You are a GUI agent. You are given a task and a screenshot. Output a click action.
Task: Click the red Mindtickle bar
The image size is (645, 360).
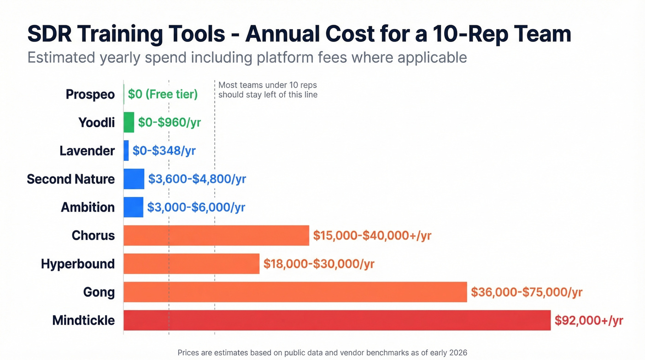point(337,320)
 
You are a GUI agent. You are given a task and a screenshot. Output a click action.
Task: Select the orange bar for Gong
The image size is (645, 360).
point(295,292)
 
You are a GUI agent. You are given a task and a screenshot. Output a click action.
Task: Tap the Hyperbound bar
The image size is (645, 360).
point(191,264)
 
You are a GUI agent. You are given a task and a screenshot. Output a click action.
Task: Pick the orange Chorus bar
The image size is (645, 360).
point(216,236)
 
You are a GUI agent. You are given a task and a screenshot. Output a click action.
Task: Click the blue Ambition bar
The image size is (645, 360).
point(133,207)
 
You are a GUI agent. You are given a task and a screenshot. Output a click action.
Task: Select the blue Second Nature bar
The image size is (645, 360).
point(134,179)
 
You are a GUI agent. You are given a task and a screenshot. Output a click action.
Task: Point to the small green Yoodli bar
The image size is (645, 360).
point(129,123)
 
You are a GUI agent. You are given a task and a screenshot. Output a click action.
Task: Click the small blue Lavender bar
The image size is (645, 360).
point(126,151)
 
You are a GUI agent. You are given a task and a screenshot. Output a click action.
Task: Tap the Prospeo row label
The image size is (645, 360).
point(90,94)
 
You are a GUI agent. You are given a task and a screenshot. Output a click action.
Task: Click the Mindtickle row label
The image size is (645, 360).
point(83,320)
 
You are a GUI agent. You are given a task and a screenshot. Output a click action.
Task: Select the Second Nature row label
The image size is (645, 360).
point(70,179)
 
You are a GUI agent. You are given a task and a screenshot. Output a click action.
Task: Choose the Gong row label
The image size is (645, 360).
point(99,292)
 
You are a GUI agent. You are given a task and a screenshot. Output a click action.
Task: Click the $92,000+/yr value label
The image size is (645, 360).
point(588,320)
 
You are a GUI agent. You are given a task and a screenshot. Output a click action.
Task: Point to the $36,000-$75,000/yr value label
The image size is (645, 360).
point(527,292)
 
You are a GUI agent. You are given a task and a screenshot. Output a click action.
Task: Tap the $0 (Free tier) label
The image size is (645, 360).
point(163,94)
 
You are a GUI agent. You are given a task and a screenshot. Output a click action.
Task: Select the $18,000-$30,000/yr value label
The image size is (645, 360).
point(319,264)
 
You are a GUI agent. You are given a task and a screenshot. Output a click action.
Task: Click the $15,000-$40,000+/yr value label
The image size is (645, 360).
point(372,236)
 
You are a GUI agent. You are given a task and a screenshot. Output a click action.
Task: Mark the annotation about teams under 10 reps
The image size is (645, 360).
point(268,90)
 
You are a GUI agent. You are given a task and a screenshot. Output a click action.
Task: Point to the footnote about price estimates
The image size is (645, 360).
point(322,353)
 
